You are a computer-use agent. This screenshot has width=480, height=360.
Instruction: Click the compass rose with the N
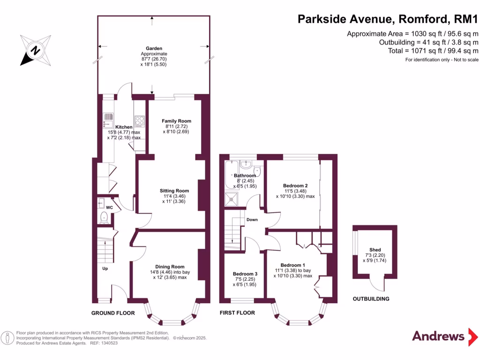point(35,50)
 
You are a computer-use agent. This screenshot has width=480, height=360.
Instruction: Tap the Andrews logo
point(438,336)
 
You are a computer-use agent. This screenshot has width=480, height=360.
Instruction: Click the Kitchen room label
point(124,127)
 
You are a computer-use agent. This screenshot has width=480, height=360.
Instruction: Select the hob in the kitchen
point(140,121)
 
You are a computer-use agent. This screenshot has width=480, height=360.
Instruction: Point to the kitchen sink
point(106,120)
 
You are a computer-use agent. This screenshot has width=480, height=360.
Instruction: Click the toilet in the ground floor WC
point(104,218)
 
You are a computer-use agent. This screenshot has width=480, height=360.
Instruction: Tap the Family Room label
point(176,121)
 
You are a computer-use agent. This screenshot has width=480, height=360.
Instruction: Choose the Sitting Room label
point(174,191)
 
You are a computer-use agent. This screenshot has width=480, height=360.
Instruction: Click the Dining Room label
point(170,267)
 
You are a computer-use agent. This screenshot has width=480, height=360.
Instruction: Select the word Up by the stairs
point(105,269)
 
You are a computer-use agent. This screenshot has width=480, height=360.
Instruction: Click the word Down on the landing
point(252,219)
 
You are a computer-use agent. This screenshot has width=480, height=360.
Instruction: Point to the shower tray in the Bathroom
point(232,199)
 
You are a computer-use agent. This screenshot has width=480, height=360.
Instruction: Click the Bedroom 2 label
point(295,185)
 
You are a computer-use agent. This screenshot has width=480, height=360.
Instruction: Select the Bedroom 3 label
point(245,274)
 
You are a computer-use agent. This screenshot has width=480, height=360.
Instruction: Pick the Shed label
point(375,250)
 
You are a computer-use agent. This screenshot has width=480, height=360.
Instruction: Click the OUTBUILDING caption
point(371,299)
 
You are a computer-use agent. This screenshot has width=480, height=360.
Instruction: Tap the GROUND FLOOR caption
point(113,313)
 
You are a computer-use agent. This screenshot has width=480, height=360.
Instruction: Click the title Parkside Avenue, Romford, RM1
point(388,19)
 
